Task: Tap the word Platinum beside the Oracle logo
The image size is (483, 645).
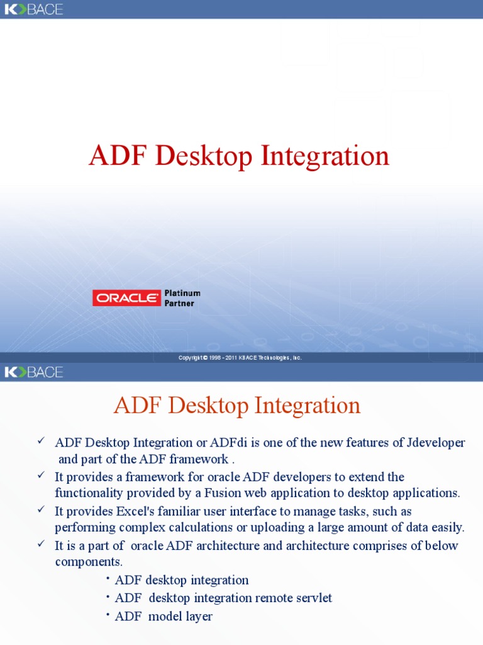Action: (182, 294)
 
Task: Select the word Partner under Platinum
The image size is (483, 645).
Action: (179, 304)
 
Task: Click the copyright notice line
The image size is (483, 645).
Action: (240, 358)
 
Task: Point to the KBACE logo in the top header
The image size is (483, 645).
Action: (34, 9)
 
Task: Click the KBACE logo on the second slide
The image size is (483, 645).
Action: (34, 372)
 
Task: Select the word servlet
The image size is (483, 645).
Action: (309, 598)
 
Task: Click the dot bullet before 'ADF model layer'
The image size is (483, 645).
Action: (108, 614)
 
